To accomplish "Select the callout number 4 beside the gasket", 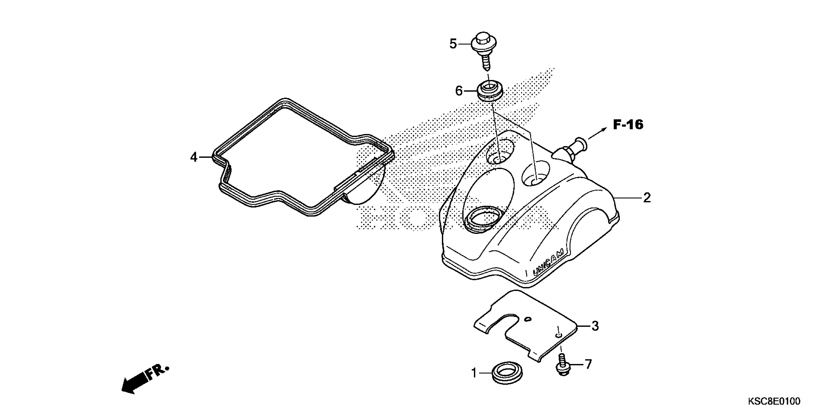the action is [x=194, y=157].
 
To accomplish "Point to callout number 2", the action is [x=647, y=197].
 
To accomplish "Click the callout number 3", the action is [x=595, y=326].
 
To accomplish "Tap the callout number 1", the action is [x=474, y=373].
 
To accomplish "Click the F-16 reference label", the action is [x=628, y=125].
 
